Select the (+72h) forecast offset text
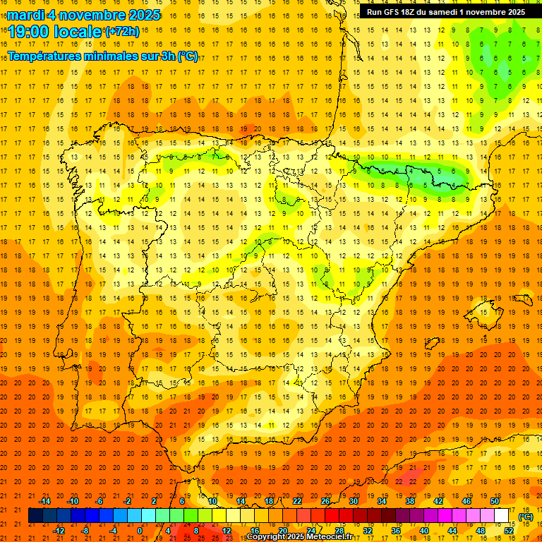pyautogui.click(x=122, y=31)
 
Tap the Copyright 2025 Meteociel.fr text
pyautogui.click(x=299, y=537)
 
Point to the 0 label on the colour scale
pyautogui.click(x=140, y=531)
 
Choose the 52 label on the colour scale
pyautogui.click(x=509, y=531)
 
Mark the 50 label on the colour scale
pyautogui.click(x=495, y=500)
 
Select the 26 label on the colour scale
pyautogui.click(x=325, y=500)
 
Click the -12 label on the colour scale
pyautogui.click(x=59, y=531)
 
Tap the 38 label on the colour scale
pyautogui.click(x=410, y=500)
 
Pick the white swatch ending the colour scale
pyautogui.click(x=502, y=516)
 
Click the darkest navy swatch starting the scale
pyautogui.click(x=36, y=516)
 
